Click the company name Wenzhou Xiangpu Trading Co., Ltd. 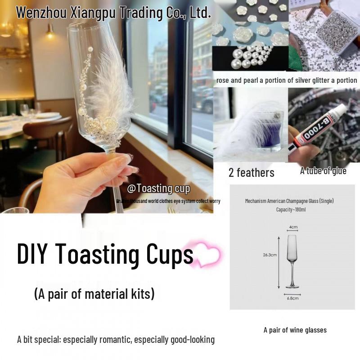coord(113,12)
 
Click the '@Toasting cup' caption coord(158,189)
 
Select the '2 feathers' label coord(251,172)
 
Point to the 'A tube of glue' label coord(323,171)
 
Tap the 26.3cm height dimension coord(270,255)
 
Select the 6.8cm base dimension coord(292,298)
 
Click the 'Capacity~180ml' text coord(291,210)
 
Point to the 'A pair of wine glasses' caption coord(295,330)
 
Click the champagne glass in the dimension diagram coord(293,261)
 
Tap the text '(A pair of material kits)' coord(94,294)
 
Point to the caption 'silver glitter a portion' coord(322,81)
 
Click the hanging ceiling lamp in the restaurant coord(49,31)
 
